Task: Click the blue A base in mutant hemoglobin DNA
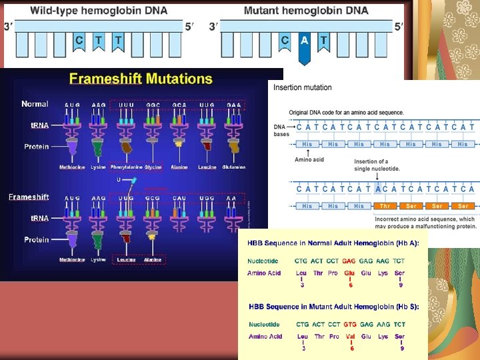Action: (x=305, y=41)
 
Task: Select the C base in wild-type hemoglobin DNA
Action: (x=79, y=40)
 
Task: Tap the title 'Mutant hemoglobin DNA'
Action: (x=305, y=11)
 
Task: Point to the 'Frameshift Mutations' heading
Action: (x=141, y=79)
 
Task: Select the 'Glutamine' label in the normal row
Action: (x=233, y=167)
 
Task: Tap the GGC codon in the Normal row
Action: (x=153, y=105)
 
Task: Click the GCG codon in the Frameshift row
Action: (x=153, y=198)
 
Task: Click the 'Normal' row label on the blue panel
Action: (x=35, y=104)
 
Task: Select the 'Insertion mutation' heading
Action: (x=302, y=87)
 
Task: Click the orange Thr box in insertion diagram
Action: (x=385, y=206)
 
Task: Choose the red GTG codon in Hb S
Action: (x=350, y=324)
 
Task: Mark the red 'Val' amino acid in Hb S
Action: (x=350, y=336)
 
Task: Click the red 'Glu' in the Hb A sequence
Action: (x=349, y=273)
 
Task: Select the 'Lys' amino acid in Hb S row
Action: (x=383, y=336)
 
